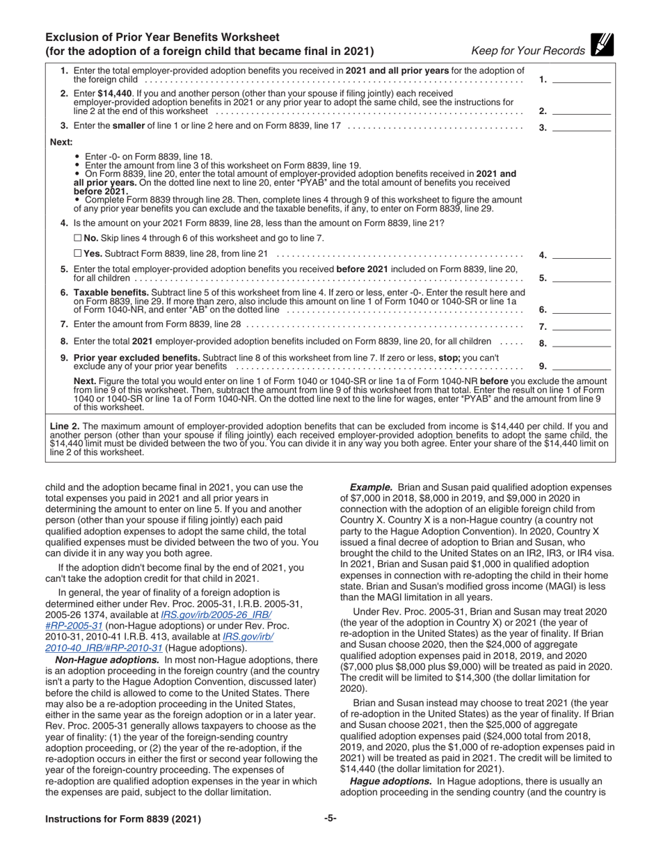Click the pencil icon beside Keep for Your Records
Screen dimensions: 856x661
(x=602, y=45)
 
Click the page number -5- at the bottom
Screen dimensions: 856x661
(x=330, y=818)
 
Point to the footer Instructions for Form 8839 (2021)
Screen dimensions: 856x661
(x=123, y=819)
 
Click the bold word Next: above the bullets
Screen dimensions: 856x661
(x=61, y=142)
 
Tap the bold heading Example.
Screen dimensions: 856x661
(x=371, y=488)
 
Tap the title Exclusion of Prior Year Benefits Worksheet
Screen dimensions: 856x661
(x=162, y=37)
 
